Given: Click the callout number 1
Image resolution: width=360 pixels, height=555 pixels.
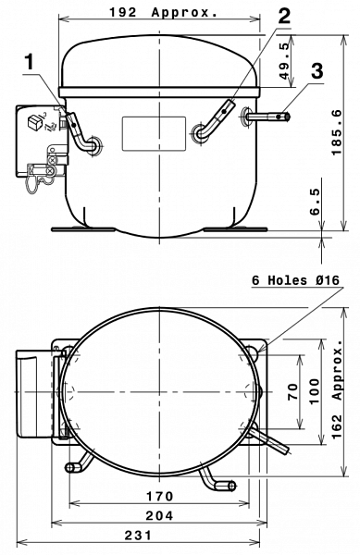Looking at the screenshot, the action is click(x=31, y=62).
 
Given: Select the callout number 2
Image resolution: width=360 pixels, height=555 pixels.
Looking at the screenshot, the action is click(x=283, y=15).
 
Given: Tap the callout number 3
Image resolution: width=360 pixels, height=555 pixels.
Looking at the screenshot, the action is click(x=317, y=71).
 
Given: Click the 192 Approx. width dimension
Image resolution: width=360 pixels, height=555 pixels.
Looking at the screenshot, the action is click(x=163, y=12).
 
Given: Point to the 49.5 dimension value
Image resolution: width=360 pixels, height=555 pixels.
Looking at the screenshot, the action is click(x=285, y=61).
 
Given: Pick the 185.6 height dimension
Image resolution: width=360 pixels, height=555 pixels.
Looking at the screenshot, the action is click(x=337, y=132).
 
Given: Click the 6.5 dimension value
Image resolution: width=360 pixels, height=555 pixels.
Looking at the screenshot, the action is click(x=315, y=202).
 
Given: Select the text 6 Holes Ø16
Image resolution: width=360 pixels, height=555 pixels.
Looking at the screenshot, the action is click(x=295, y=280).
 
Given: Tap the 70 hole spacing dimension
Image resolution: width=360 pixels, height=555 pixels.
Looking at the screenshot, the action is click(x=292, y=392).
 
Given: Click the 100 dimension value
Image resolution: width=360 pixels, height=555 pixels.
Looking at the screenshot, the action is click(x=315, y=391).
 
